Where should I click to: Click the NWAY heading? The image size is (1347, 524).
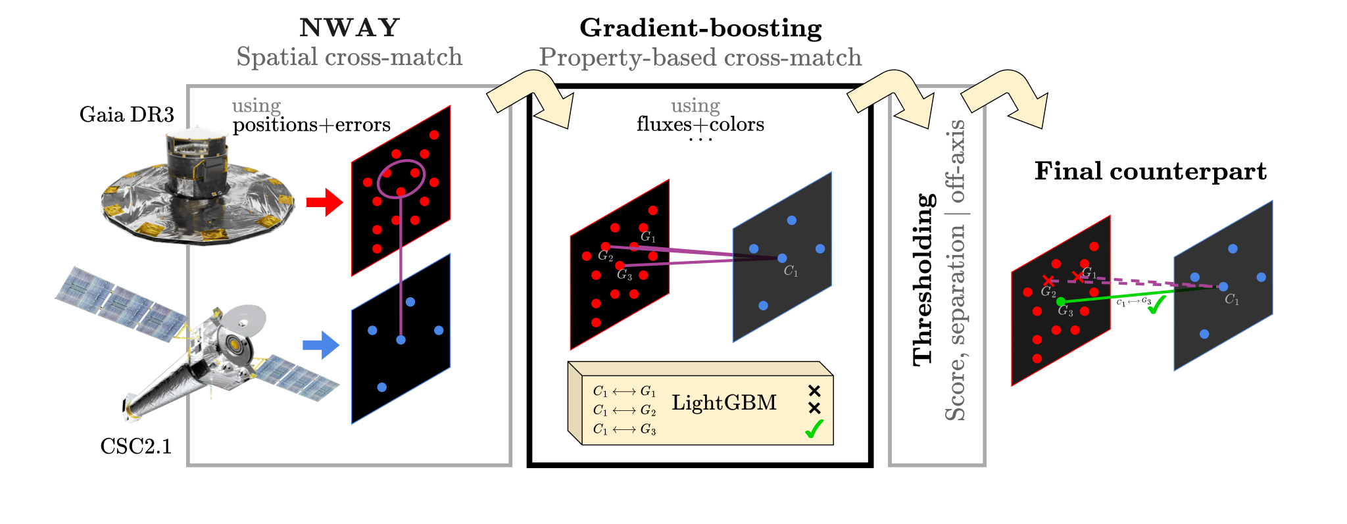[x=349, y=28]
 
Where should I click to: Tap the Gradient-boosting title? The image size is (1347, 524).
[x=700, y=28]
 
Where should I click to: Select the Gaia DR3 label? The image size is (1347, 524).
[x=127, y=114]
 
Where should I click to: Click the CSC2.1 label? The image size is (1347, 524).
[x=135, y=446]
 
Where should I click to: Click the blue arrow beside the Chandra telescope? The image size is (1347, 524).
[x=321, y=345]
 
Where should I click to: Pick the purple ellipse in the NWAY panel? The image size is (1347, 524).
[x=401, y=178]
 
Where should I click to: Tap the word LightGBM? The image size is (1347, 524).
[x=724, y=402]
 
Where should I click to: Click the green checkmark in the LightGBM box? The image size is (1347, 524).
[x=814, y=429]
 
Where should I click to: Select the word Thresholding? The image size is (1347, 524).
[x=924, y=279]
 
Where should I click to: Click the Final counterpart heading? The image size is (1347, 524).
[x=1150, y=171]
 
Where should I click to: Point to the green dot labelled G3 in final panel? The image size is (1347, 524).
[x=1060, y=302]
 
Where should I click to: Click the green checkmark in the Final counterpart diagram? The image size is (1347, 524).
[x=1156, y=304]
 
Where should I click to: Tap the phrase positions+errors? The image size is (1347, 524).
[x=312, y=124]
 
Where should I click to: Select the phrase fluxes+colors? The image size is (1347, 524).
[x=700, y=124]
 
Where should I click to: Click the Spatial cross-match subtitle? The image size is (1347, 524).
[x=349, y=57]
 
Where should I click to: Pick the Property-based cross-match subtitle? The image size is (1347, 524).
[x=700, y=58]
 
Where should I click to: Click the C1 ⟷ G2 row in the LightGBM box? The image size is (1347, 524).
[x=624, y=410]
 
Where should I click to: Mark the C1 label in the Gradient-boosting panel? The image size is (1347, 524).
[x=791, y=271]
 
